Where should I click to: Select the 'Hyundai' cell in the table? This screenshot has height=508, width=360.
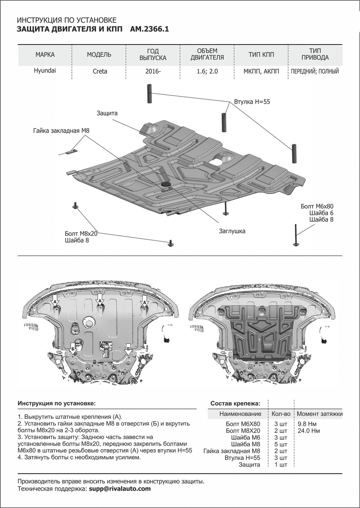pyautogui.click(x=45, y=71)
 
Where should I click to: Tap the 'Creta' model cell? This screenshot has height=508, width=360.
pyautogui.click(x=100, y=72)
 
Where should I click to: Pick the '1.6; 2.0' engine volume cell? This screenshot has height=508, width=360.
pyautogui.click(x=207, y=72)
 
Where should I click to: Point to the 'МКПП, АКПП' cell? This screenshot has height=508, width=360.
pyautogui.click(x=261, y=72)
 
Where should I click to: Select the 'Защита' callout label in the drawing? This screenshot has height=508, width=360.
pyautogui.click(x=107, y=113)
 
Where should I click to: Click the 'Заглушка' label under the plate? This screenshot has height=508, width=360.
pyautogui.click(x=232, y=232)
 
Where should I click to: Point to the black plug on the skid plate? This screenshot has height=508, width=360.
pyautogui.click(x=165, y=185)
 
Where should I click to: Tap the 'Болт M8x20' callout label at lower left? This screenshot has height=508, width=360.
pyautogui.click(x=81, y=234)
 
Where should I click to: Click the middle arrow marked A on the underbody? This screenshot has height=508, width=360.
pyautogui.click(x=100, y=301)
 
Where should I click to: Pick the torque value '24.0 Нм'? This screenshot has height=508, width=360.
pyautogui.click(x=308, y=431)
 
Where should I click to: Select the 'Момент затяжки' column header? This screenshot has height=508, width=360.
pyautogui.click(x=319, y=414)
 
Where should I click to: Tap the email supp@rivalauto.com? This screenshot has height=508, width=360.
pyautogui.click(x=120, y=489)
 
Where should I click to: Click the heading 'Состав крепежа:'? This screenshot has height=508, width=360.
pyautogui.click(x=235, y=403)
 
